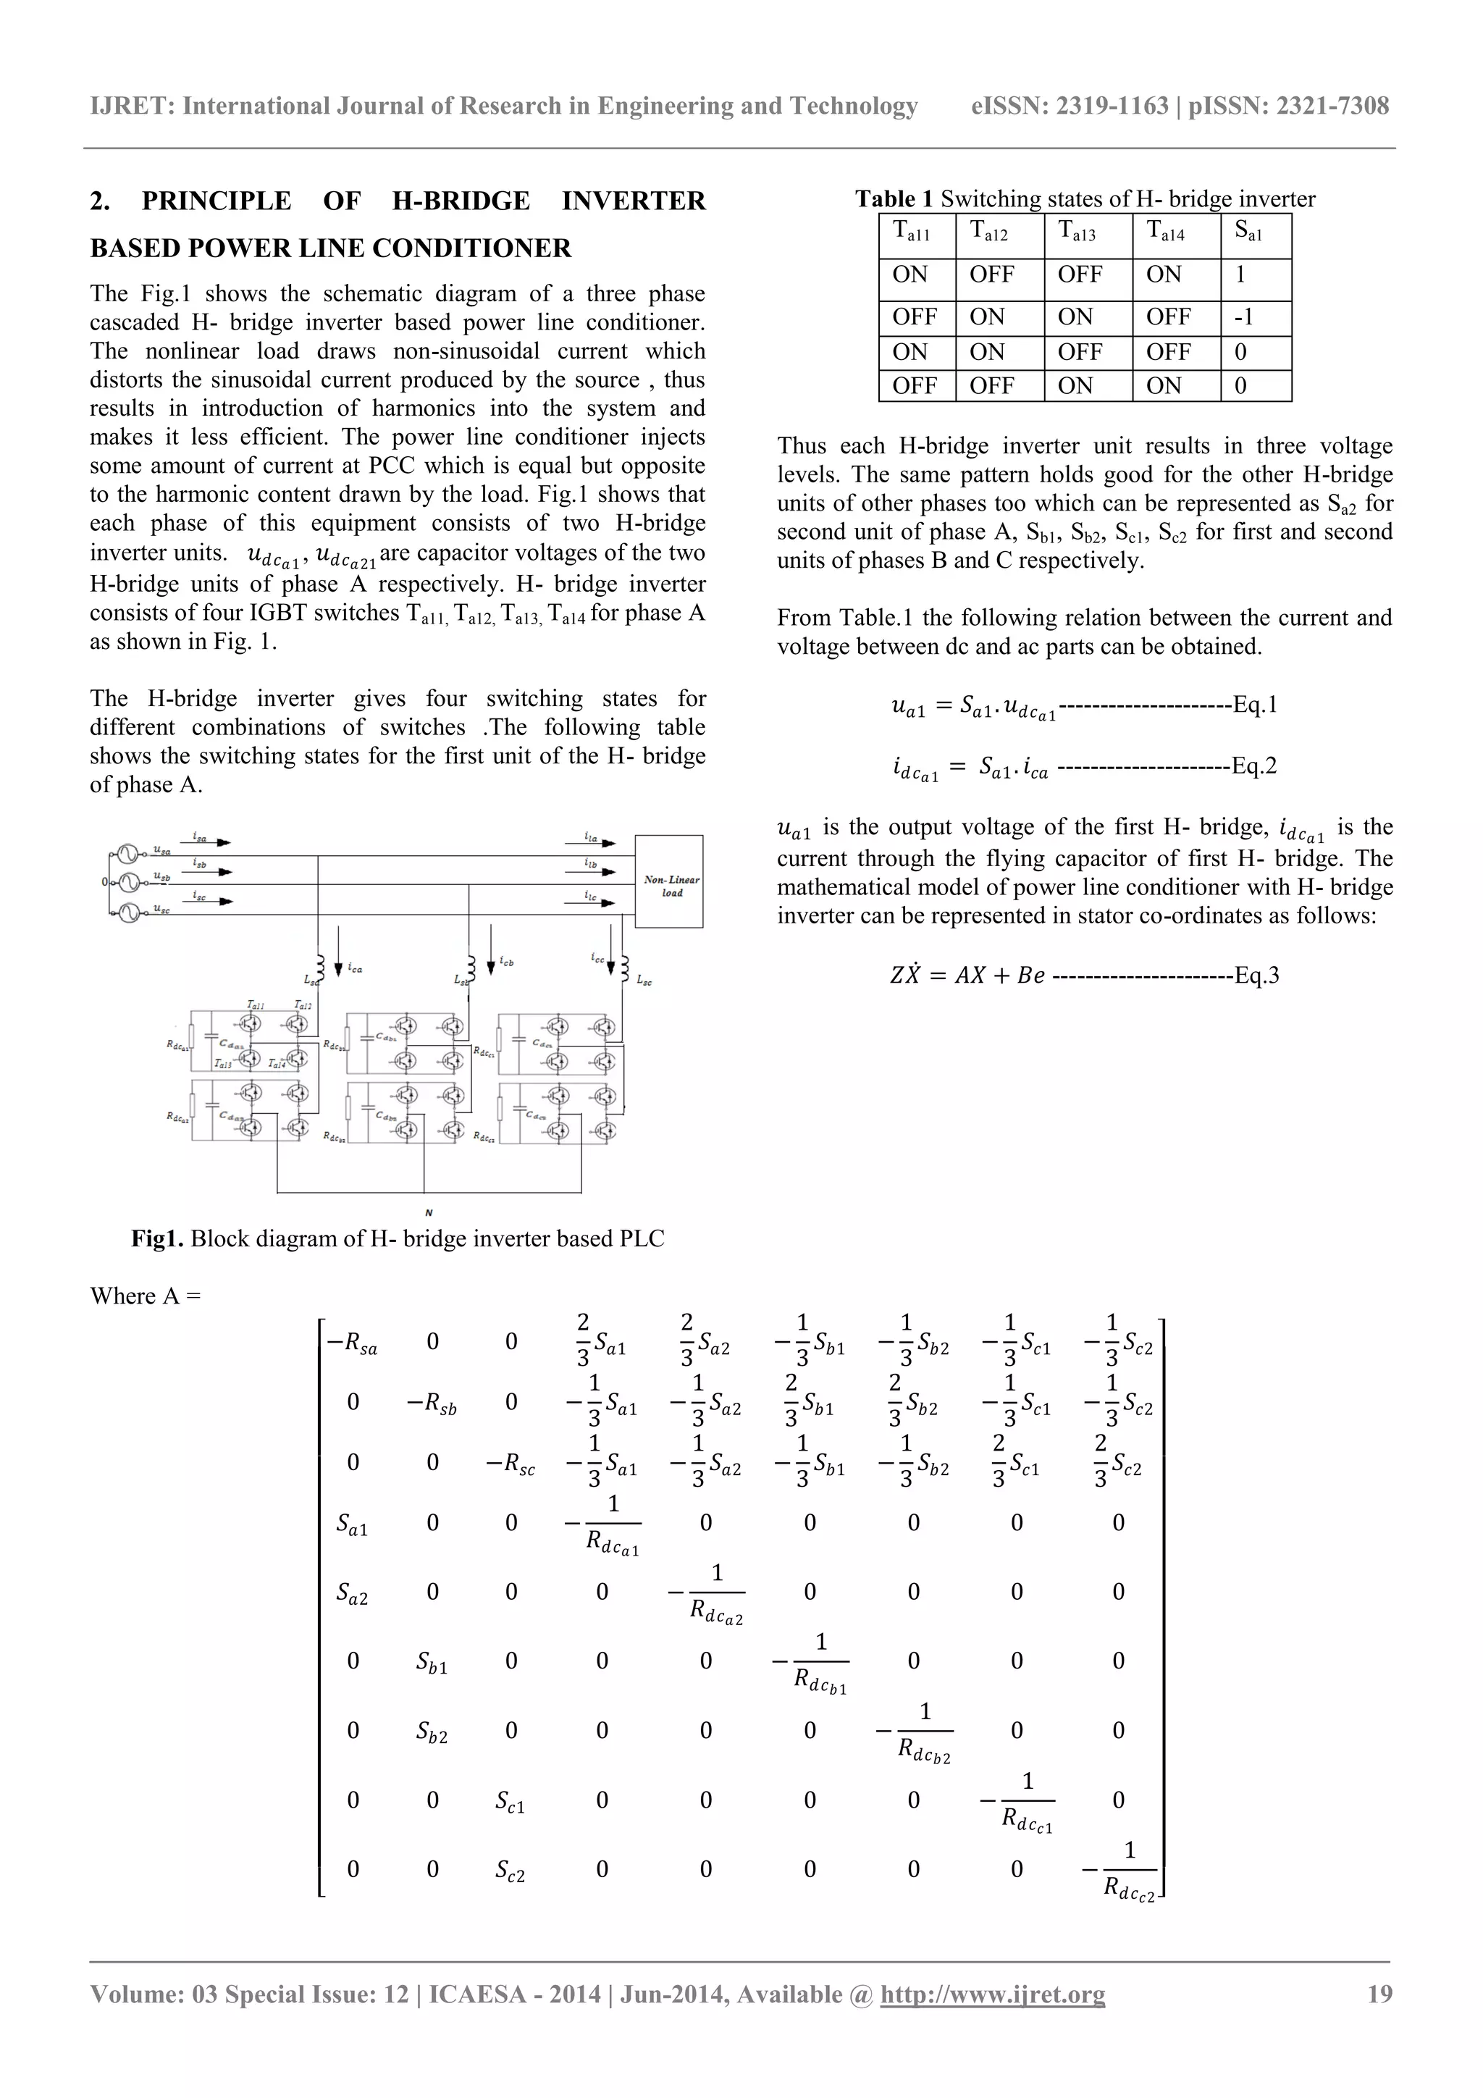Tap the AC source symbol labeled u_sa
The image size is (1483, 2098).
point(127,855)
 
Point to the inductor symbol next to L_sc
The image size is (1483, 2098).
point(625,966)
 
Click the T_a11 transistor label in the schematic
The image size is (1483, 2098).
point(255,1005)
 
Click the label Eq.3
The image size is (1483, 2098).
point(1256,975)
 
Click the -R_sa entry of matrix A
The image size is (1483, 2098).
point(352,1344)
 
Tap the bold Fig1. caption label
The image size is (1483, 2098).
point(157,1239)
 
